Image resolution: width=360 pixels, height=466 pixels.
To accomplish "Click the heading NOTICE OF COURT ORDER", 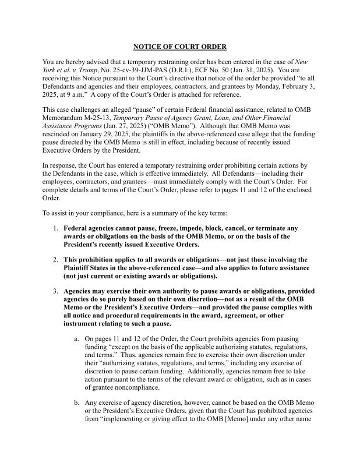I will [179, 47].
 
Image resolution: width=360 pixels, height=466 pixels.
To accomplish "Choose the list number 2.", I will [55, 259].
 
